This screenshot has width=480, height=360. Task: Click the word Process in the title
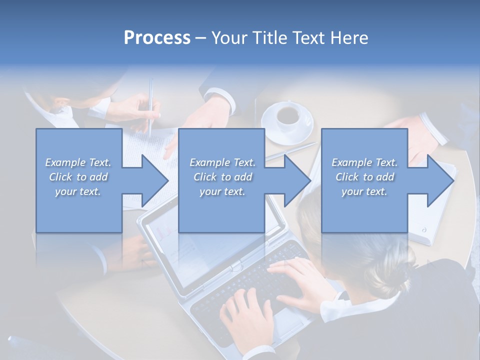[157, 38]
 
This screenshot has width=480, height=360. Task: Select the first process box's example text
[78, 177]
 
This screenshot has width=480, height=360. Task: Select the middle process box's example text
[222, 177]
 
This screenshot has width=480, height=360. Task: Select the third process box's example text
[364, 177]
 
